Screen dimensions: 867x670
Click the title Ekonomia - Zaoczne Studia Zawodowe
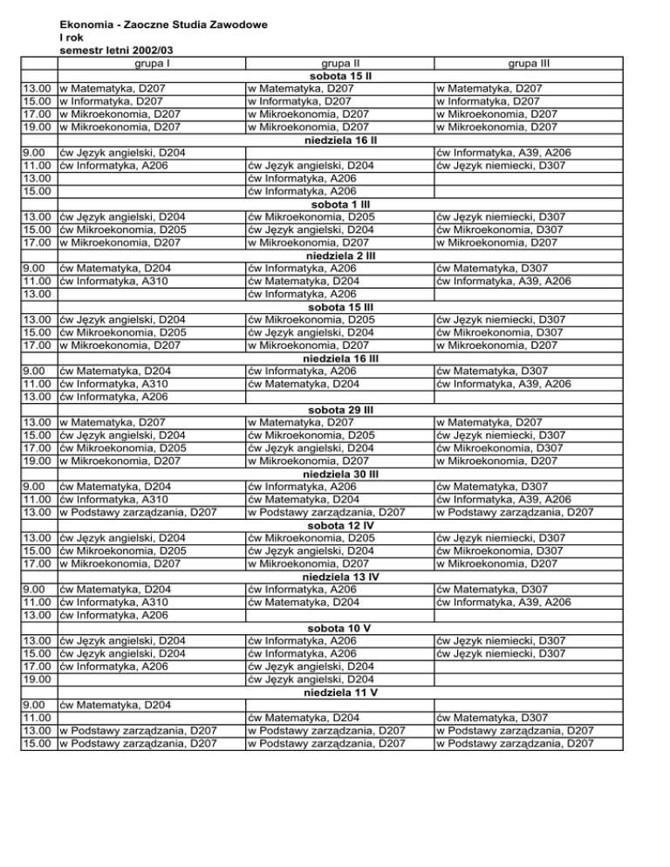(x=162, y=26)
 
